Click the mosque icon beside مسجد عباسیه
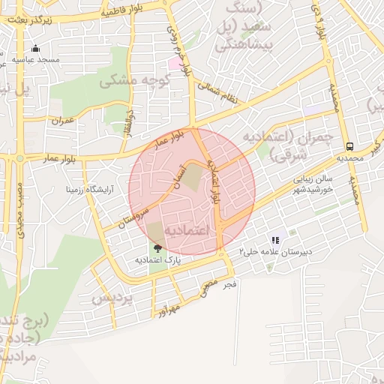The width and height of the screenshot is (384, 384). pos(34,49)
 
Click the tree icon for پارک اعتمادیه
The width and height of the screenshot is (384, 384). pos(157,248)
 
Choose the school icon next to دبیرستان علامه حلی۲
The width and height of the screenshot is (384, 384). pos(275,241)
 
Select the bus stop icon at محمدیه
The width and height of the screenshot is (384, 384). pos(349,147)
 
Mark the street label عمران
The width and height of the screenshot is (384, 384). pos(63,120)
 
